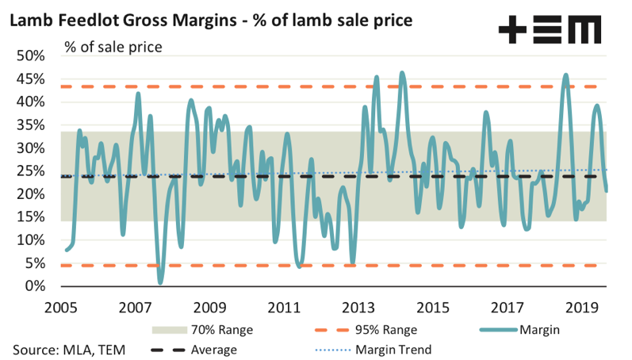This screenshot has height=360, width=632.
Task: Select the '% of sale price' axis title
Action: (113, 47)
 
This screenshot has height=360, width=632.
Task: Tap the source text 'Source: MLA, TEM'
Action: (70, 348)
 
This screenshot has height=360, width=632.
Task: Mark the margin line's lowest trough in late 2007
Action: (160, 281)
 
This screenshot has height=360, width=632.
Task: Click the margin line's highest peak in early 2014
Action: (402, 73)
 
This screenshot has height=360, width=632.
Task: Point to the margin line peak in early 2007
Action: (139, 94)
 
